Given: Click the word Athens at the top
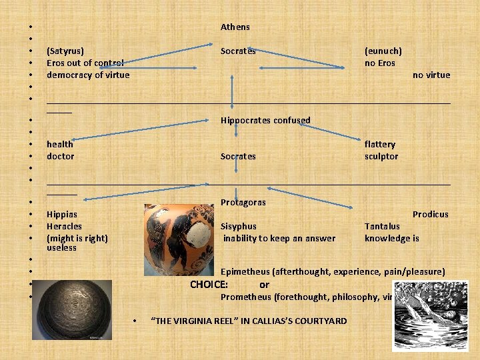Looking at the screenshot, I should [x=235, y=27].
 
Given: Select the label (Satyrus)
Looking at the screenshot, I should [x=65, y=51].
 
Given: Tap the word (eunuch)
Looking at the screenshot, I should [x=383, y=51].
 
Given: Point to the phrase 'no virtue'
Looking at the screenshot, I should [x=431, y=75].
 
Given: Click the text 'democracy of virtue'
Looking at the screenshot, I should [x=88, y=75].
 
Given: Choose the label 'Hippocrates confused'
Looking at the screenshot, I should [x=265, y=121].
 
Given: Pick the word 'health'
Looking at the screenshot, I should [x=60, y=144].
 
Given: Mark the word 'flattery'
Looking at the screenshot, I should [x=380, y=144].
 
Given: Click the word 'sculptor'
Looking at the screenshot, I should [x=381, y=157].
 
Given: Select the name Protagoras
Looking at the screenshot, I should [x=243, y=203].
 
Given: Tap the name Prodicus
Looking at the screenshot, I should [x=430, y=215].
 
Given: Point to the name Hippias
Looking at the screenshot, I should [x=62, y=215].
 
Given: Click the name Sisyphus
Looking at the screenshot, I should [x=239, y=227].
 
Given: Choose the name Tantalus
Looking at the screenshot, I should [x=382, y=227].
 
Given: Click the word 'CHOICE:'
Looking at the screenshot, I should [x=209, y=285].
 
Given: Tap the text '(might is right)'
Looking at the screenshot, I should [x=77, y=238].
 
